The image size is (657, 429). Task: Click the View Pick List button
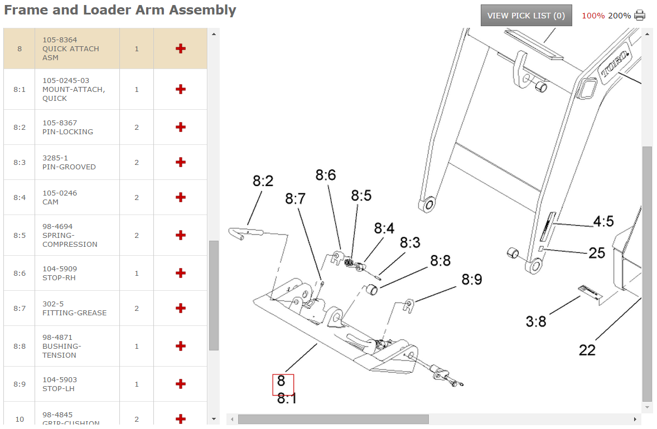(526, 16)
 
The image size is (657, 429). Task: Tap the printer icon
(639, 16)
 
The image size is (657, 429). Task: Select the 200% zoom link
(619, 16)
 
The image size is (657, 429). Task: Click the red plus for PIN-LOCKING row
(180, 127)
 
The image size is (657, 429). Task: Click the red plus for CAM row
(180, 197)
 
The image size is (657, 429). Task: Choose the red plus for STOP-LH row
(180, 384)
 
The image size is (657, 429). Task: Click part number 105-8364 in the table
(60, 40)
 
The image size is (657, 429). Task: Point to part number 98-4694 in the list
(57, 227)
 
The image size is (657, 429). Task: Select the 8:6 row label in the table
(20, 273)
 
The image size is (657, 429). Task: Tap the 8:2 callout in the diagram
(263, 181)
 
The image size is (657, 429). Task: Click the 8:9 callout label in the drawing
(472, 279)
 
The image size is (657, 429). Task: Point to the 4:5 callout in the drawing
(603, 221)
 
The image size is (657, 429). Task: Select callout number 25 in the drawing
(597, 253)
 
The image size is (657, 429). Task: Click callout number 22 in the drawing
(587, 350)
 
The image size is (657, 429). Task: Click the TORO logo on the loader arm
(614, 64)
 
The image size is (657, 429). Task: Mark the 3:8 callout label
(536, 321)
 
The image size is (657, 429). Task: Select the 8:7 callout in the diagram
(295, 198)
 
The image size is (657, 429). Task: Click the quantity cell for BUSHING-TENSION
(137, 346)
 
